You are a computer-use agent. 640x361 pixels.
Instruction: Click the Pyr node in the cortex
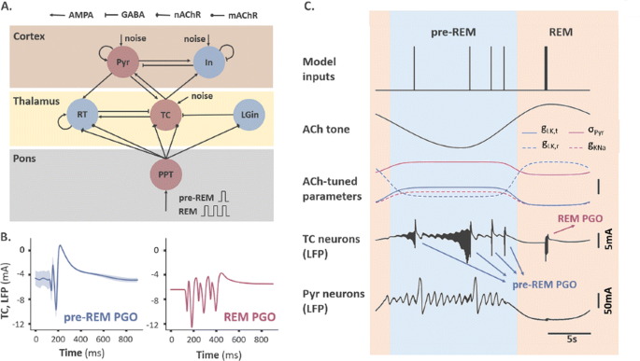(122, 64)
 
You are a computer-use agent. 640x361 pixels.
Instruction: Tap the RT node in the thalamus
(81, 117)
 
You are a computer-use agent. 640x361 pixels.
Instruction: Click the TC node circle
(167, 117)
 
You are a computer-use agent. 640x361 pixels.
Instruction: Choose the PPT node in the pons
(167, 174)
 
